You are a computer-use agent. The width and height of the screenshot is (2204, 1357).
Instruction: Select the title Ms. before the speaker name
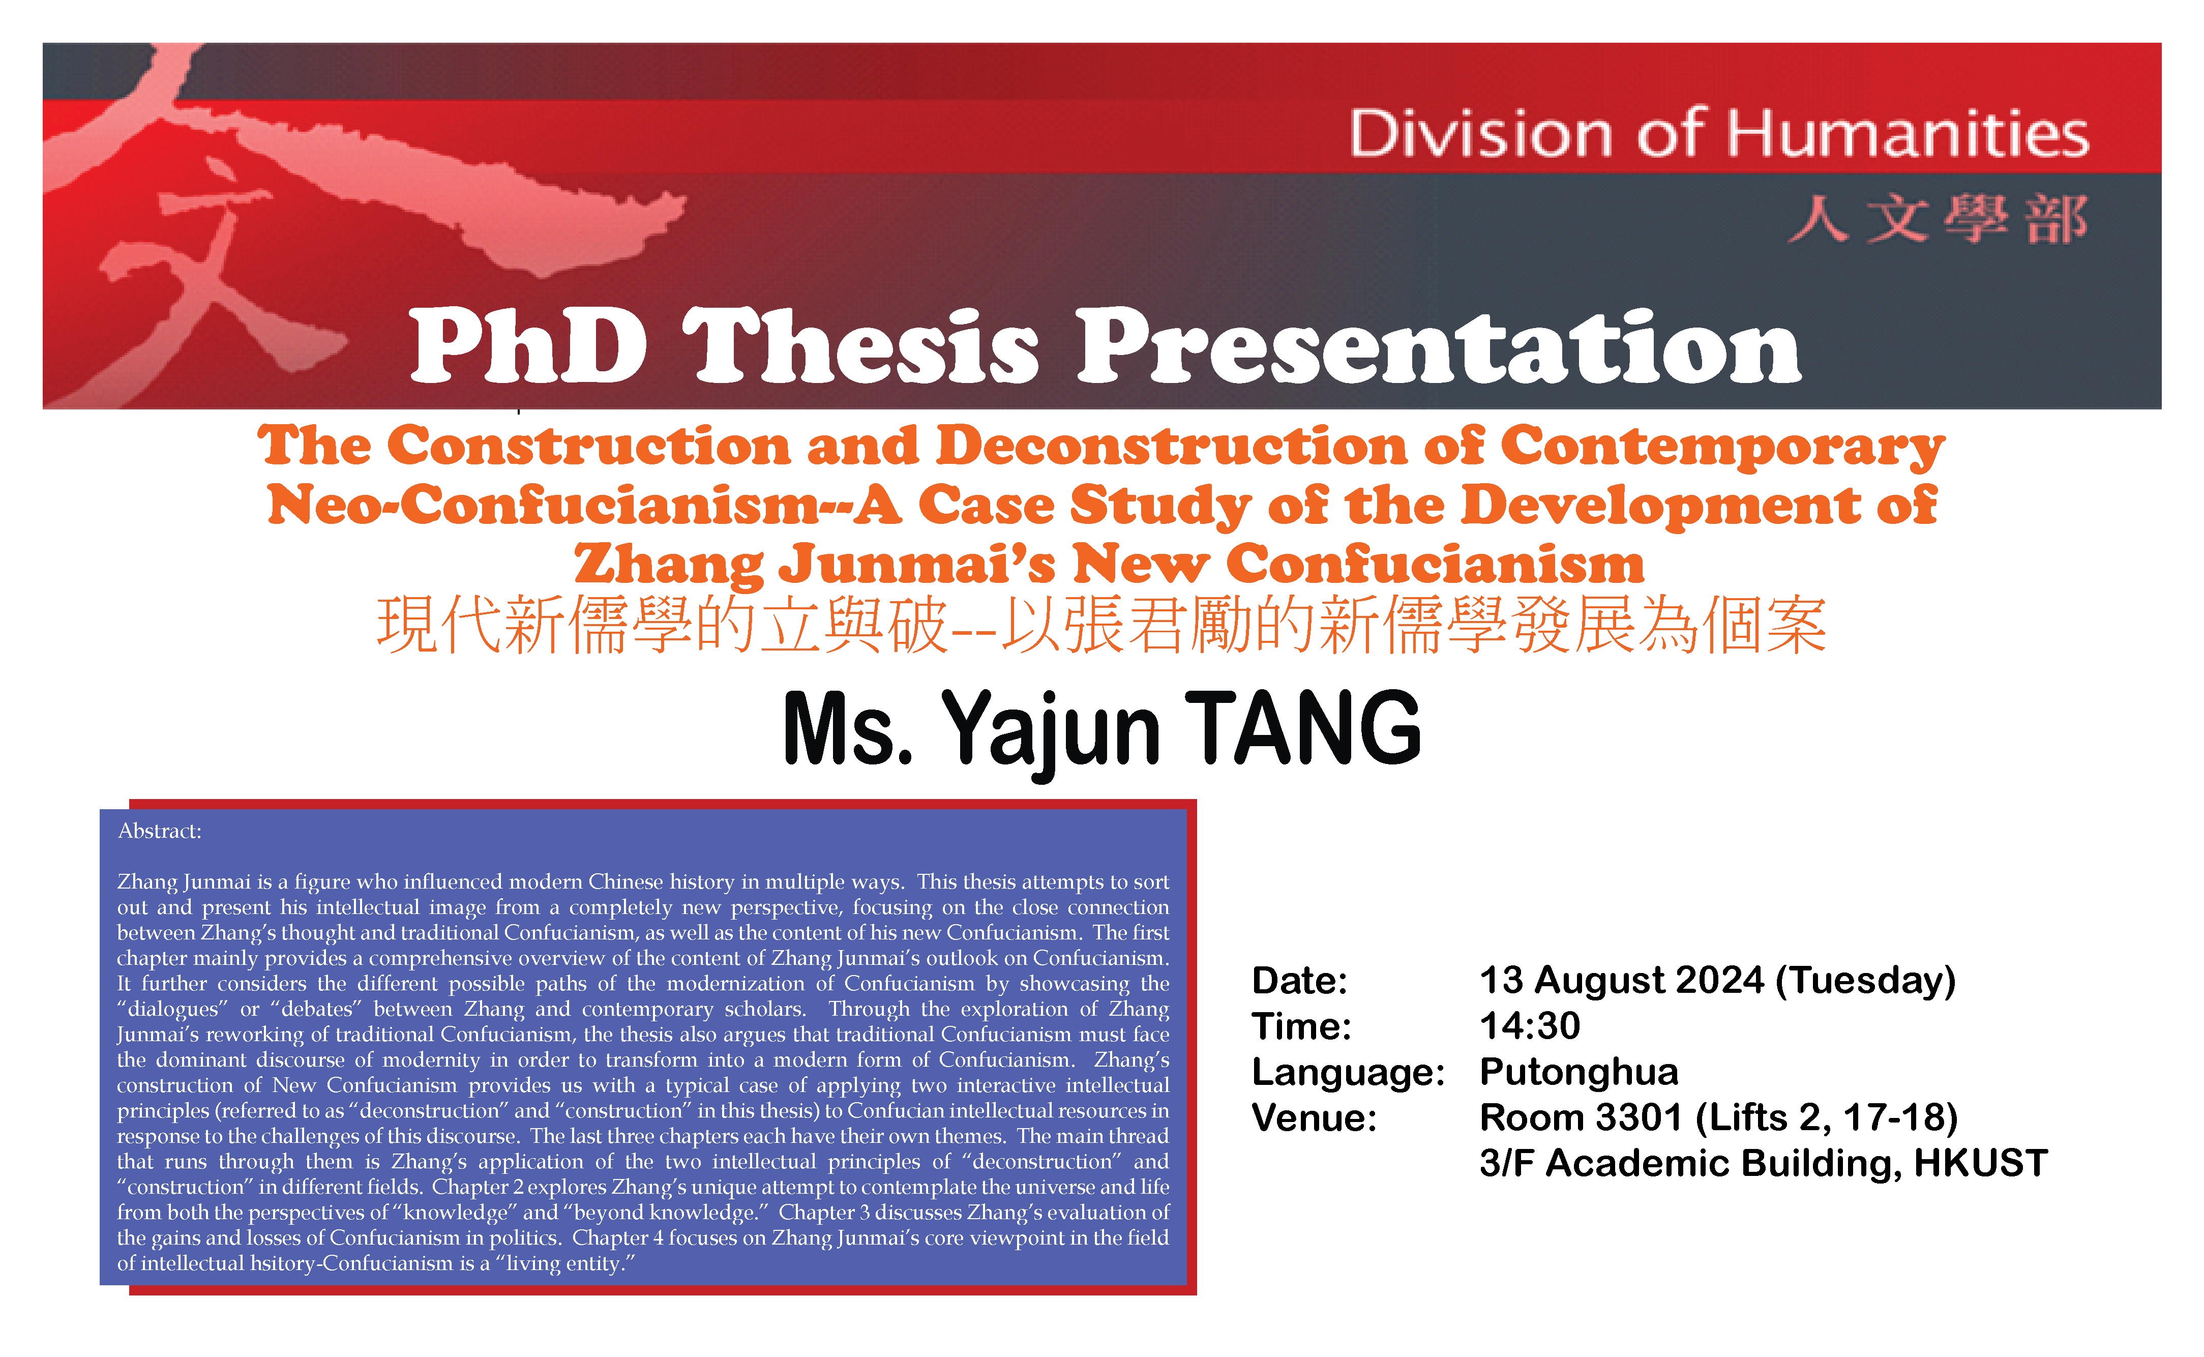point(848,729)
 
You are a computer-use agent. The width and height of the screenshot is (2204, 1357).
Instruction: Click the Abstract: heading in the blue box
point(160,831)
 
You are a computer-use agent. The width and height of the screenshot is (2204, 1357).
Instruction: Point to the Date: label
point(1299,981)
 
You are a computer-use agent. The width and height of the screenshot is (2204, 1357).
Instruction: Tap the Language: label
point(1348,1073)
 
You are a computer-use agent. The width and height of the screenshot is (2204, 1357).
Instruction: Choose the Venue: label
point(1314,1118)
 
